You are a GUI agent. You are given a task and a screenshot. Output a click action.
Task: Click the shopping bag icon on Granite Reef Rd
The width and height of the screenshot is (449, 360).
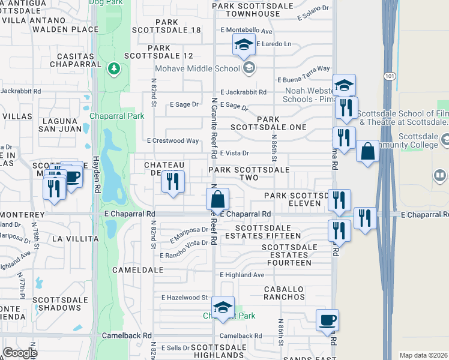[217, 199]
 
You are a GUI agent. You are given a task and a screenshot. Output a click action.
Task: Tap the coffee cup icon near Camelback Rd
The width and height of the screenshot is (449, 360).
[327, 319]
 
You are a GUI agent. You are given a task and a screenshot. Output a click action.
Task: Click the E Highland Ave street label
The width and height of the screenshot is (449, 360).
[242, 275]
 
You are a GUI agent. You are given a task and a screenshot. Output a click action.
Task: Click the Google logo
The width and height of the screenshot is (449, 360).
[19, 353]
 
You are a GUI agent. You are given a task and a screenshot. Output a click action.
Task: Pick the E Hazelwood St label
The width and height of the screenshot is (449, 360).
[184, 298]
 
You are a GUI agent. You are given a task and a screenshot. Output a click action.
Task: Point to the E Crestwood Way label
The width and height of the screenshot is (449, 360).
[173, 141]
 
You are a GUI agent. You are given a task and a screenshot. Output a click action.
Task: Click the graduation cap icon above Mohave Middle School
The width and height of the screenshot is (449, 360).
[244, 44]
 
